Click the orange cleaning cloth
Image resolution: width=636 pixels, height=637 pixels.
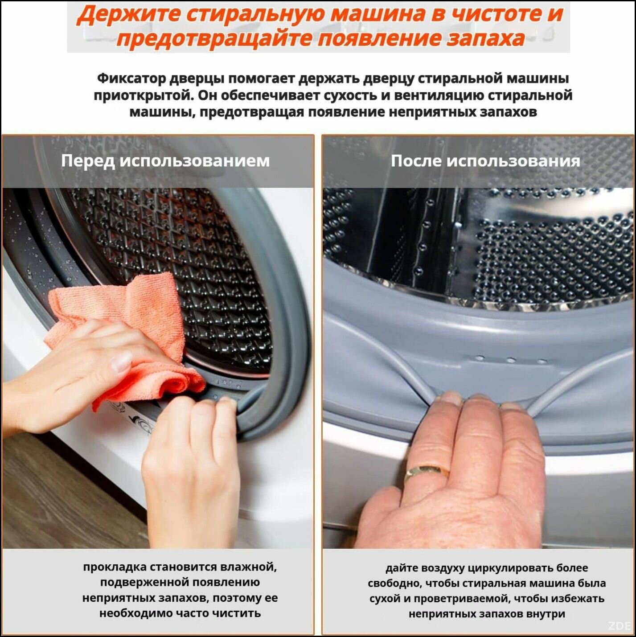tap(126, 334)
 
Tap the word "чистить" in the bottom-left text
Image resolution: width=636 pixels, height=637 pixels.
tap(236, 613)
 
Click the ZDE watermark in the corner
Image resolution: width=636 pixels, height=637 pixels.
tap(622, 625)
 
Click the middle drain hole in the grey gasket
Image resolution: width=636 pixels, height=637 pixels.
tap(511, 360)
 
